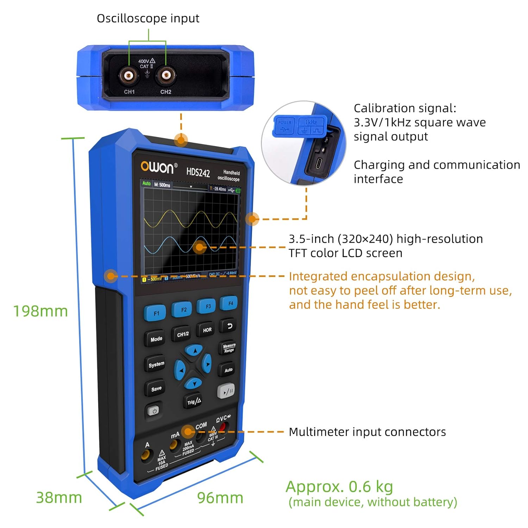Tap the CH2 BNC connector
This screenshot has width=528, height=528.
tap(166, 75)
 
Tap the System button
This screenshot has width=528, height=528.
tap(156, 364)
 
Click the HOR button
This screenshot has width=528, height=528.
tap(207, 330)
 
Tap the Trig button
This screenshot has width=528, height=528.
tap(194, 401)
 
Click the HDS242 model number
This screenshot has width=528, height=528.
tap(198, 172)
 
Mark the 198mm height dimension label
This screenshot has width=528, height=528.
tap(40, 311)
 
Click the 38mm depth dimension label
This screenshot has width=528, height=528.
tap(59, 497)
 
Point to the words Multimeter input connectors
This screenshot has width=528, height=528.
tap(367, 432)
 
